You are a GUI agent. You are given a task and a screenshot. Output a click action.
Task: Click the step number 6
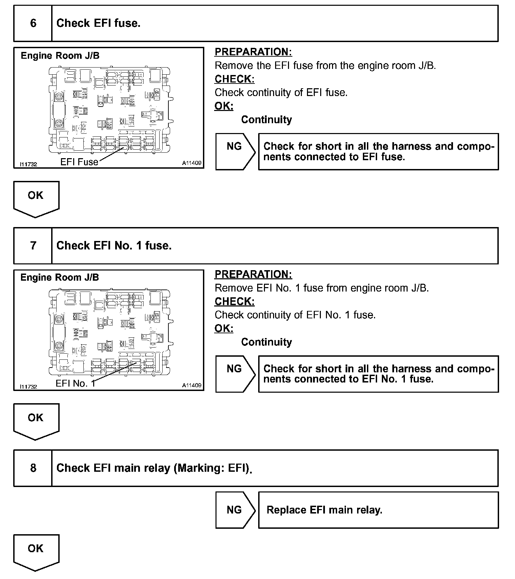click(x=33, y=23)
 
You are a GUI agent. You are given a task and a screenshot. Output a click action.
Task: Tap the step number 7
click(x=33, y=245)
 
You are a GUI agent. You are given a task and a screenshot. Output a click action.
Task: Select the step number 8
click(x=33, y=468)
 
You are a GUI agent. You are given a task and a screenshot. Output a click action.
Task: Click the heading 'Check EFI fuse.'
click(x=98, y=23)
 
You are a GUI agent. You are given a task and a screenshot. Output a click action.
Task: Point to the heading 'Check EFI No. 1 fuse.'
click(x=114, y=245)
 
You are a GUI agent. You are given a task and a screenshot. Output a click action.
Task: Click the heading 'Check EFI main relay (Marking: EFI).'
click(x=154, y=468)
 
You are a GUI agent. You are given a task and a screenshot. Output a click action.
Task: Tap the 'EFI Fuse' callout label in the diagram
click(x=79, y=162)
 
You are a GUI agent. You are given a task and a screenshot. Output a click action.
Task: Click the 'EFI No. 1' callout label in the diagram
click(x=75, y=384)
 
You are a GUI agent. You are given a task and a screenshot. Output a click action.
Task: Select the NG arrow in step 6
click(x=235, y=151)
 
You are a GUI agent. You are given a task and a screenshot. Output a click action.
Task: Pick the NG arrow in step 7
click(x=235, y=374)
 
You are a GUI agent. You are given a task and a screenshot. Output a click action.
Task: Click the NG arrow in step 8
click(x=235, y=510)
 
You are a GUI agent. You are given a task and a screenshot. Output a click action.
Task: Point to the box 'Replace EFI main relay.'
click(x=378, y=510)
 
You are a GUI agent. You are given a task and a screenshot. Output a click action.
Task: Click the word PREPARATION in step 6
click(x=253, y=52)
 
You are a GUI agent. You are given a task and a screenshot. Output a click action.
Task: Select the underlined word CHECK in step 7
click(x=234, y=301)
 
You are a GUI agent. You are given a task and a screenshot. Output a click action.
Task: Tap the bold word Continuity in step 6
click(x=266, y=119)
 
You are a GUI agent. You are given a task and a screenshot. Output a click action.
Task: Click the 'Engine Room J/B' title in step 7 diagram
click(x=60, y=278)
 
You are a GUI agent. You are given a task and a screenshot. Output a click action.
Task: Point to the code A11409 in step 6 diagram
click(x=192, y=163)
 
